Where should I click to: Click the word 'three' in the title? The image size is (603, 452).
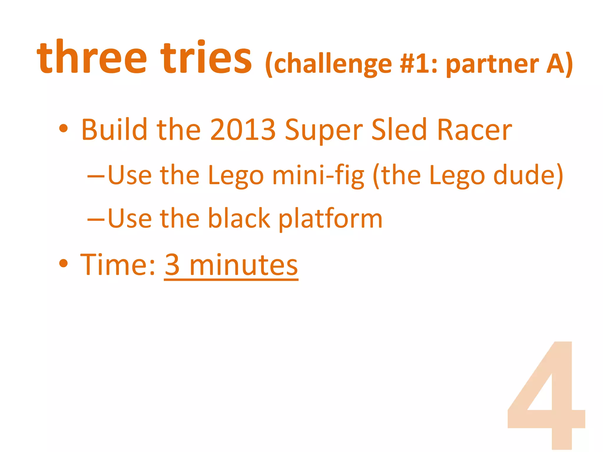(x=92, y=57)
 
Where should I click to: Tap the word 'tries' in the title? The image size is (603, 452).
(x=206, y=57)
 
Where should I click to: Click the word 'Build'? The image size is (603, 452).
(x=114, y=129)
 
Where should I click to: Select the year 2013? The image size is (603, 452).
(x=243, y=129)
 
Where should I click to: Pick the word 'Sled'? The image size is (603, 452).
(x=399, y=129)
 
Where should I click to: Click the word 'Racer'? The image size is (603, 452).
(x=475, y=129)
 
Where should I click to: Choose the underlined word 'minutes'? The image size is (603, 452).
(x=244, y=265)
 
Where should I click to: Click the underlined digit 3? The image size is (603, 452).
(x=173, y=265)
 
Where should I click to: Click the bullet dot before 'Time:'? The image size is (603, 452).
(x=63, y=263)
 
